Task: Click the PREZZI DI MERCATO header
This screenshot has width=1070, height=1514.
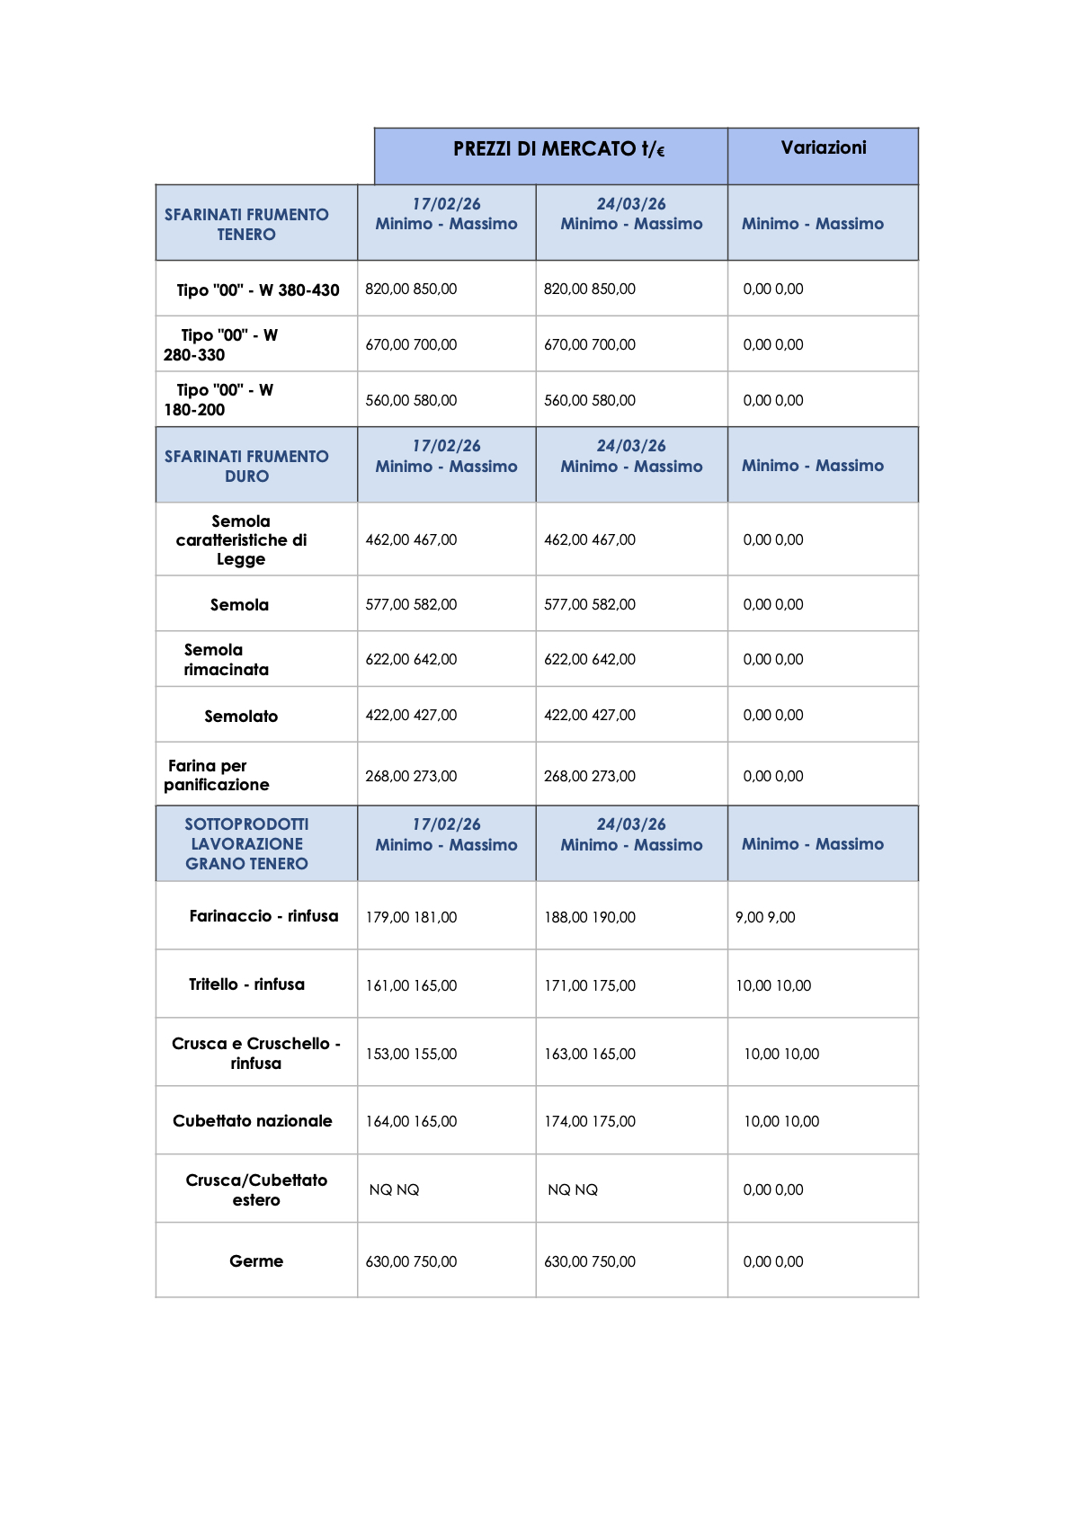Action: pyautogui.click(x=558, y=149)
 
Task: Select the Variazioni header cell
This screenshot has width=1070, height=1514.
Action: pyautogui.click(x=823, y=147)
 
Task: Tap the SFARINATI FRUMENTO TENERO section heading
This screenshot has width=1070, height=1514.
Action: pyautogui.click(x=246, y=224)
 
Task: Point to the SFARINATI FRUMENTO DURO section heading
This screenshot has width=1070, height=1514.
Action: pyautogui.click(x=246, y=466)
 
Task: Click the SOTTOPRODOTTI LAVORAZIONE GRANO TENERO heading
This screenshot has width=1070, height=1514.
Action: pyautogui.click(x=246, y=843)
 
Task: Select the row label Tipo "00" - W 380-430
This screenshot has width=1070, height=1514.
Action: pyautogui.click(x=258, y=290)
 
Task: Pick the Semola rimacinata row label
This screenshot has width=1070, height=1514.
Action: pyautogui.click(x=227, y=659)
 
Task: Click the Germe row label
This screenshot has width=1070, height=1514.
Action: pyautogui.click(x=256, y=1260)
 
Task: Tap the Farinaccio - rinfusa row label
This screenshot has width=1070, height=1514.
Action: pyautogui.click(x=263, y=916)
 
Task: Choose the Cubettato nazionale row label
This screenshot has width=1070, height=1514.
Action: pyautogui.click(x=253, y=1120)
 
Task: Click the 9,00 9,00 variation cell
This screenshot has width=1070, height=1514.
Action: pyautogui.click(x=765, y=917)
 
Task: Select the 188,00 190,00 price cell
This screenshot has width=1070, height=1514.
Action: pyautogui.click(x=590, y=917)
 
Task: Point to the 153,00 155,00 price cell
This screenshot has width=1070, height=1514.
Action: pyautogui.click(x=411, y=1054)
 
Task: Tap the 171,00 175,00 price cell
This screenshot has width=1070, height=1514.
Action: pyautogui.click(x=590, y=985)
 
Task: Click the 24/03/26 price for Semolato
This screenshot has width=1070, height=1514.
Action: pyautogui.click(x=590, y=715)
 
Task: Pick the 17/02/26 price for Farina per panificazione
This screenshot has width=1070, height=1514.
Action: pyautogui.click(x=411, y=776)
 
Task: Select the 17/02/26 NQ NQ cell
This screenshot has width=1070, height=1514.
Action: pyautogui.click(x=395, y=1189)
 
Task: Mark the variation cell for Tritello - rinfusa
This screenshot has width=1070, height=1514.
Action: pyautogui.click(x=773, y=985)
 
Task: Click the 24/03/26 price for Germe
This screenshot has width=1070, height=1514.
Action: pyautogui.click(x=590, y=1261)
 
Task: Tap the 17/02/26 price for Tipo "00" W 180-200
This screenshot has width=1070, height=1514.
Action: pyautogui.click(x=411, y=400)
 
